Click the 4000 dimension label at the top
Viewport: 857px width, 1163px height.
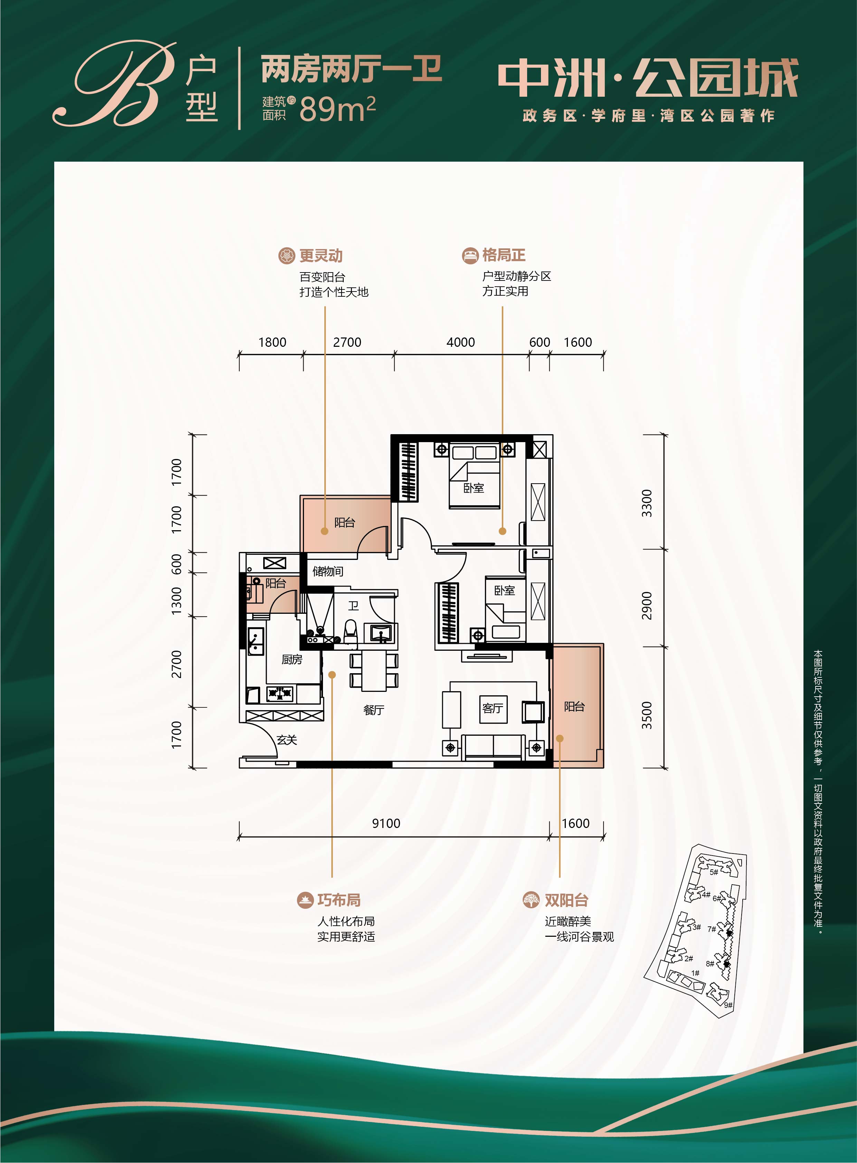pos(461,342)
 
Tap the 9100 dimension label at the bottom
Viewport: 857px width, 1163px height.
pos(386,823)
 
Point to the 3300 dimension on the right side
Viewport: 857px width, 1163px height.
pos(646,503)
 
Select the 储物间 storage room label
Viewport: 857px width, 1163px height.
pos(328,571)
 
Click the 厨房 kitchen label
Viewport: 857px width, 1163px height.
pos(292,659)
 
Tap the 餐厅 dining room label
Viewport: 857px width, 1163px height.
pos(373,709)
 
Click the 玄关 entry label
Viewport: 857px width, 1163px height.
pos(287,740)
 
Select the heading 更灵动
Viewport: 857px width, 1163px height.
pos(321,256)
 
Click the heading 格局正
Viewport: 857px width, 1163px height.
pos(504,255)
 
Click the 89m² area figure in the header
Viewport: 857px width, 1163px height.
pos(337,108)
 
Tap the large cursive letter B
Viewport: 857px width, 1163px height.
pos(115,84)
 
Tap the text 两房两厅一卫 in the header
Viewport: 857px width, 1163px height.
pos(351,69)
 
